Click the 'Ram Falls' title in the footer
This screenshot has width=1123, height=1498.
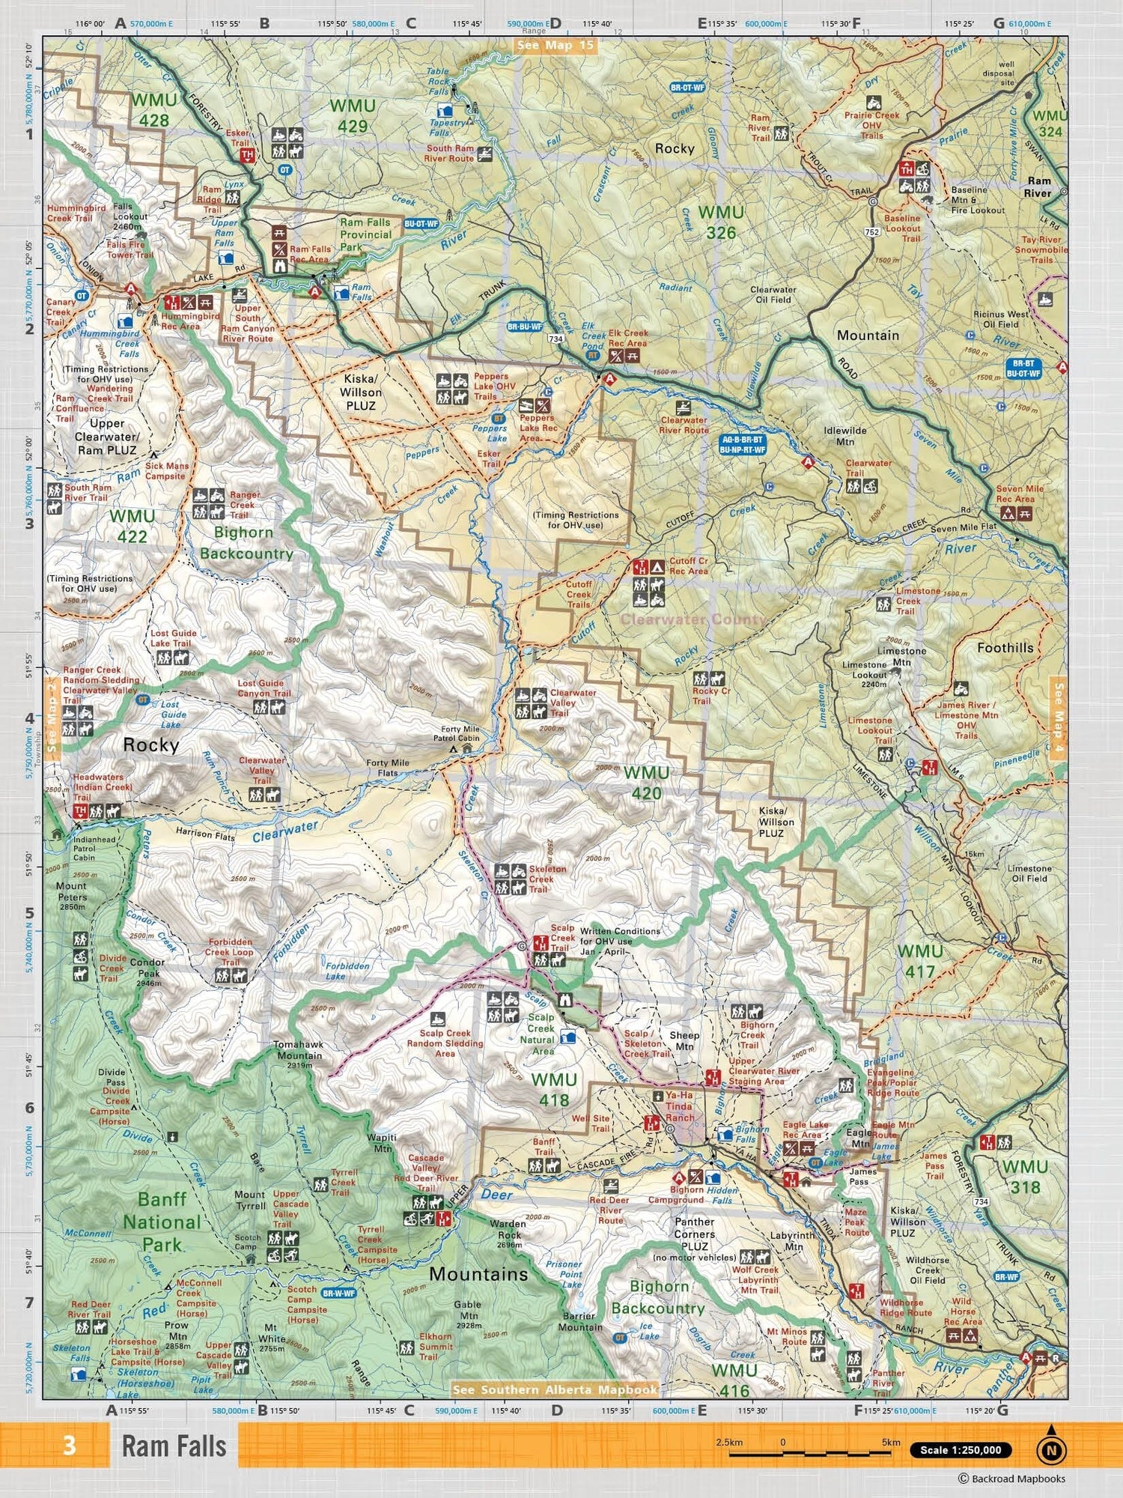pyautogui.click(x=174, y=1446)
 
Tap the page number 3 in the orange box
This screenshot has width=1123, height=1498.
pyautogui.click(x=70, y=1444)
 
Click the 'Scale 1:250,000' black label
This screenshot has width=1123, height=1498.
pyautogui.click(x=961, y=1449)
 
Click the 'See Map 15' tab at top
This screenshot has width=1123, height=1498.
pyautogui.click(x=555, y=45)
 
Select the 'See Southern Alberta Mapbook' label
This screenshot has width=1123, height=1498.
pyautogui.click(x=555, y=1389)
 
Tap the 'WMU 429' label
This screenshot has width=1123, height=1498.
pyautogui.click(x=352, y=116)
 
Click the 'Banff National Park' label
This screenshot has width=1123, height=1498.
pyautogui.click(x=162, y=1222)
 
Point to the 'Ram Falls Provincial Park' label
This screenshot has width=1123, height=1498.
pyautogui.click(x=365, y=234)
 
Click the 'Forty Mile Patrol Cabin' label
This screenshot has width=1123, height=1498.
pyautogui.click(x=460, y=733)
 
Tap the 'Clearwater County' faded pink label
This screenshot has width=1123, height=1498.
pyautogui.click(x=693, y=619)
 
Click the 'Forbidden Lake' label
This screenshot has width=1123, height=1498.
pyautogui.click(x=347, y=971)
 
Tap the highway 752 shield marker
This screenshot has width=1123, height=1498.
pyautogui.click(x=871, y=232)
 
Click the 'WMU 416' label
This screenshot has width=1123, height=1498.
pyautogui.click(x=734, y=1380)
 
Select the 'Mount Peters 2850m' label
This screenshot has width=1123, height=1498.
pyautogui.click(x=72, y=896)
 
